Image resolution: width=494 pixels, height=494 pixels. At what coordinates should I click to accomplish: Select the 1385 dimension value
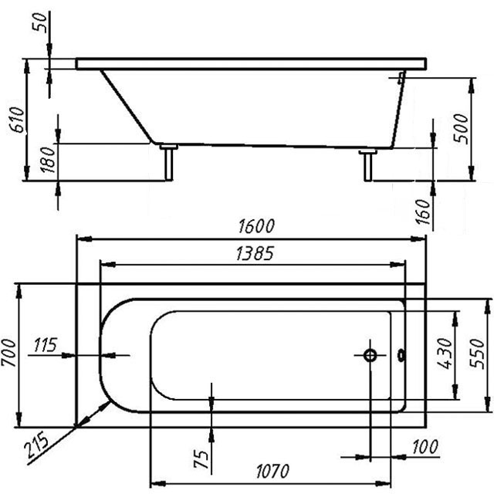(248, 253)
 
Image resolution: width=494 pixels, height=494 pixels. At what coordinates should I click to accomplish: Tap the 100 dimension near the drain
(425, 447)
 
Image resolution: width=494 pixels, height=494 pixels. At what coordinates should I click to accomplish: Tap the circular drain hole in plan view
(370, 355)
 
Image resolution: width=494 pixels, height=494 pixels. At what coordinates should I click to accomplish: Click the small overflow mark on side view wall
(401, 76)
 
